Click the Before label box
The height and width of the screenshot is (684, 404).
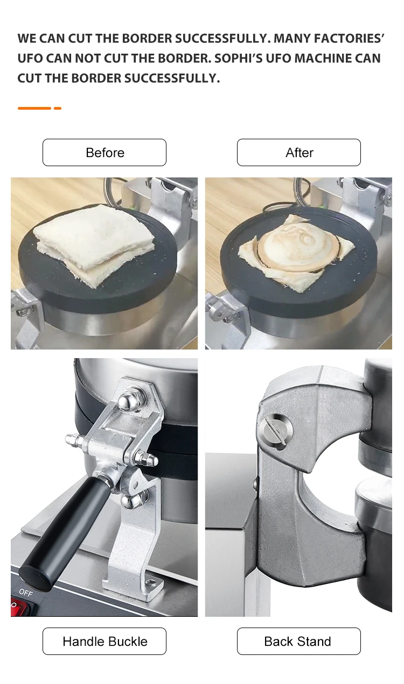point(105,153)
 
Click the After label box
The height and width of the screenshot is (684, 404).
point(299,153)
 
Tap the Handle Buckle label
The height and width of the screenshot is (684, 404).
point(105,641)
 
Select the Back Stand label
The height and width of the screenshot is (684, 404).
point(298,641)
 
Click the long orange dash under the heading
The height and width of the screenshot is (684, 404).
point(34,108)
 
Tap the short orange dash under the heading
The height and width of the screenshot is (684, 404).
point(58,108)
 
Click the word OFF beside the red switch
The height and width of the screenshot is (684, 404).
point(25,592)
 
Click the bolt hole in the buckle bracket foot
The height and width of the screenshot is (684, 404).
point(150,582)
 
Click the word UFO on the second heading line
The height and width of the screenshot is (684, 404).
point(31,58)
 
